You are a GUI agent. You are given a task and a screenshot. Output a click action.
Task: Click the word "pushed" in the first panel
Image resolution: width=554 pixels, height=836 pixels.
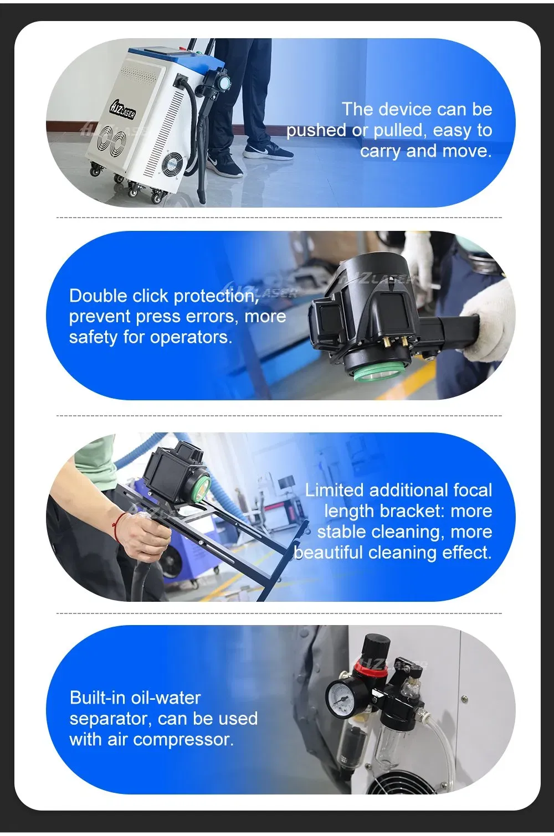pyautogui.click(x=316, y=131)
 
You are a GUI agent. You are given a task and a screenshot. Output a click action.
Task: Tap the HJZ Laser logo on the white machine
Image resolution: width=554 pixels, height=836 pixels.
pyautogui.click(x=122, y=110)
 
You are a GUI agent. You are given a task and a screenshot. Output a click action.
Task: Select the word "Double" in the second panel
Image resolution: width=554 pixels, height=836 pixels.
pyautogui.click(x=98, y=296)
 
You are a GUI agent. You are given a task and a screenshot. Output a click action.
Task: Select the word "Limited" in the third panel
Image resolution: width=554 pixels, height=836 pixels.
pyautogui.click(x=335, y=490)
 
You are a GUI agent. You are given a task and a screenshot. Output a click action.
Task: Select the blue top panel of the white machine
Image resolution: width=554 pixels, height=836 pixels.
pyautogui.click(x=159, y=55)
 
